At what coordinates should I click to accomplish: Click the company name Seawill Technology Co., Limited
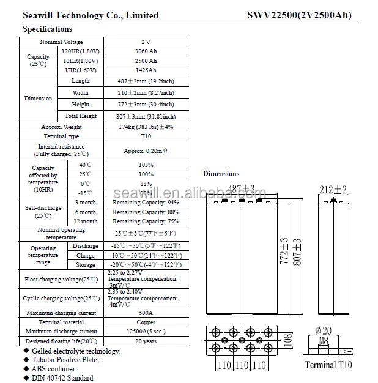pyautogui.click(x=91, y=15)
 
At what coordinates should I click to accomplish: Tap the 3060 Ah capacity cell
pyautogui.click(x=146, y=51)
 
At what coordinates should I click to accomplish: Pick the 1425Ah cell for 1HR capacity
pyautogui.click(x=146, y=70)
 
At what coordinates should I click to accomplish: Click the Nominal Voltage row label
pyautogui.click(x=62, y=42)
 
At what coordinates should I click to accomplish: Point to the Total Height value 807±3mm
pyautogui.click(x=146, y=116)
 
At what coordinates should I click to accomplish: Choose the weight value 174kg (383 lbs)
pyautogui.click(x=146, y=127)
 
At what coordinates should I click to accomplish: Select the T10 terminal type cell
pyautogui.click(x=146, y=136)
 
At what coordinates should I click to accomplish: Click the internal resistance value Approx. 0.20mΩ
pyautogui.click(x=146, y=151)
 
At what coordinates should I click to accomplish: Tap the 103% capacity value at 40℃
pyautogui.click(x=146, y=165)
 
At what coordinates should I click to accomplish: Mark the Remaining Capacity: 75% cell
pyautogui.click(x=146, y=221)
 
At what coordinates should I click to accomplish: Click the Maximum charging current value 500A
pyautogui.click(x=146, y=313)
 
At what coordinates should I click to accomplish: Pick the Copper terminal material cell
pyautogui.click(x=146, y=322)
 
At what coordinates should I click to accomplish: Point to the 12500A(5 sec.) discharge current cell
pyautogui.click(x=146, y=331)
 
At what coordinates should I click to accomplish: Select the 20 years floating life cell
pyautogui.click(x=146, y=341)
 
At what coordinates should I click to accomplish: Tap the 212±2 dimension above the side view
pyautogui.click(x=333, y=190)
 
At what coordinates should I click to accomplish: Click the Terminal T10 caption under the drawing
pyautogui.click(x=329, y=365)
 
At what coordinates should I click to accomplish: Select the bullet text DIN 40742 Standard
pyautogui.click(x=61, y=378)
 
